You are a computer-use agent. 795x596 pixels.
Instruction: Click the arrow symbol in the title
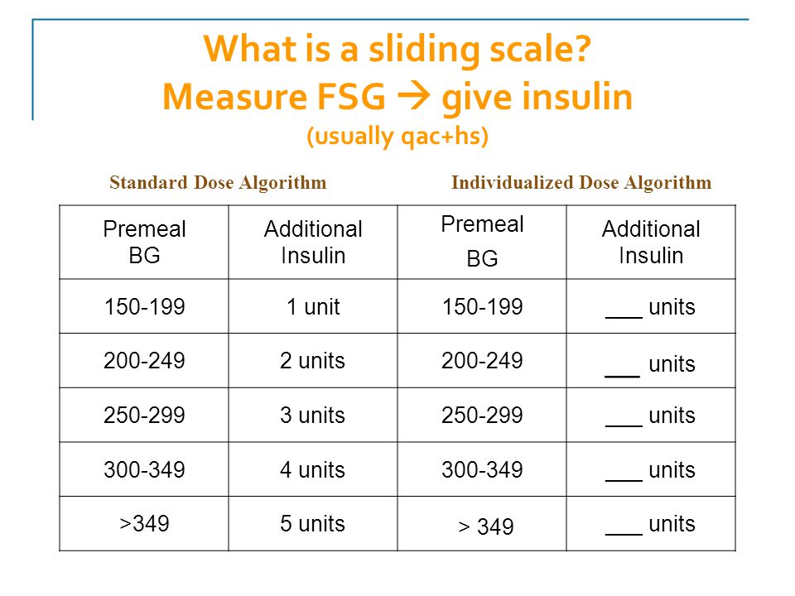pos(414,96)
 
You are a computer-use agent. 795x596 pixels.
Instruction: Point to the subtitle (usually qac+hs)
pos(397,136)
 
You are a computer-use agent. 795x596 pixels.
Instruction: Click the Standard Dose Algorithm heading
pos(218,182)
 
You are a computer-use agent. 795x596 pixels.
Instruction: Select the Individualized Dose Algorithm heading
pos(581,182)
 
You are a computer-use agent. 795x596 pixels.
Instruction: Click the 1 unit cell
pos(313,306)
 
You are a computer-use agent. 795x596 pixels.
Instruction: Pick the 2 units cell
pos(312,361)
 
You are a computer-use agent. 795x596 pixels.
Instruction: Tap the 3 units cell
pos(312,415)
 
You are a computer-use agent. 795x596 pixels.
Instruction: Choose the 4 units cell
pos(312,469)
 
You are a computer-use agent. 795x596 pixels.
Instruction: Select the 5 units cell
pos(312,523)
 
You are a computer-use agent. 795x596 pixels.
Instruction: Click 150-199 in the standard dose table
pos(144,306)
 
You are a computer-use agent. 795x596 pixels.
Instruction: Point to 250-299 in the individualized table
pos(482,415)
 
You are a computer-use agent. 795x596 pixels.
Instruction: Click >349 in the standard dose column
pos(144,523)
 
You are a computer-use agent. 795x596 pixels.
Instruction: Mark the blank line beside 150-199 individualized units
pos(624,317)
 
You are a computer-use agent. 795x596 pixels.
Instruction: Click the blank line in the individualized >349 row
pos(624,534)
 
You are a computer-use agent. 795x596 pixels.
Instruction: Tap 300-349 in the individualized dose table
pos(482,469)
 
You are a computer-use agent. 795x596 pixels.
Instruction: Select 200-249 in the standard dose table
pos(144,361)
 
